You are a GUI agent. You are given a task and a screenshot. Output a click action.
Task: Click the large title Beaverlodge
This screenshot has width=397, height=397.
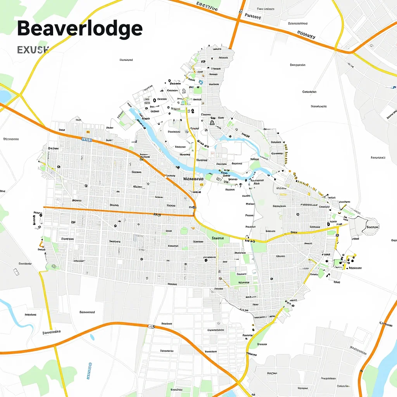click(x=80, y=29)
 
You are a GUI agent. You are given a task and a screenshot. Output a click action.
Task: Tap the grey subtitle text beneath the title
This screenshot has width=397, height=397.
click(x=33, y=50)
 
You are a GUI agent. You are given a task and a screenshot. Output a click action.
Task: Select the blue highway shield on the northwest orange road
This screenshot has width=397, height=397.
click(x=87, y=139)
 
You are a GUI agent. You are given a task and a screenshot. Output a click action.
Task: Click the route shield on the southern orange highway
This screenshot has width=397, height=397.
click(x=151, y=327)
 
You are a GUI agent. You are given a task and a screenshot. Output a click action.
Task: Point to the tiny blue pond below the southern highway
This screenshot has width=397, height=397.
click(x=92, y=337)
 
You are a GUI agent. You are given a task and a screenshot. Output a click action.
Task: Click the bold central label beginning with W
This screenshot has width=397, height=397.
click(x=193, y=179)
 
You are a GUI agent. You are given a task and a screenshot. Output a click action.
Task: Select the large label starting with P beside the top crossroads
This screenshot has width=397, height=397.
click(x=253, y=17)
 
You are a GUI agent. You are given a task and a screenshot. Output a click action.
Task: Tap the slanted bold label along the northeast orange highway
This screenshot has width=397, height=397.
click(x=306, y=36)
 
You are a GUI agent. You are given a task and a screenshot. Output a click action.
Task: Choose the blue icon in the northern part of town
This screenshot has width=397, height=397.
click(x=201, y=82)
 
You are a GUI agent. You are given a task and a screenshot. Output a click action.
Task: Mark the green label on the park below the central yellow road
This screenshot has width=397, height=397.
click(x=217, y=238)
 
